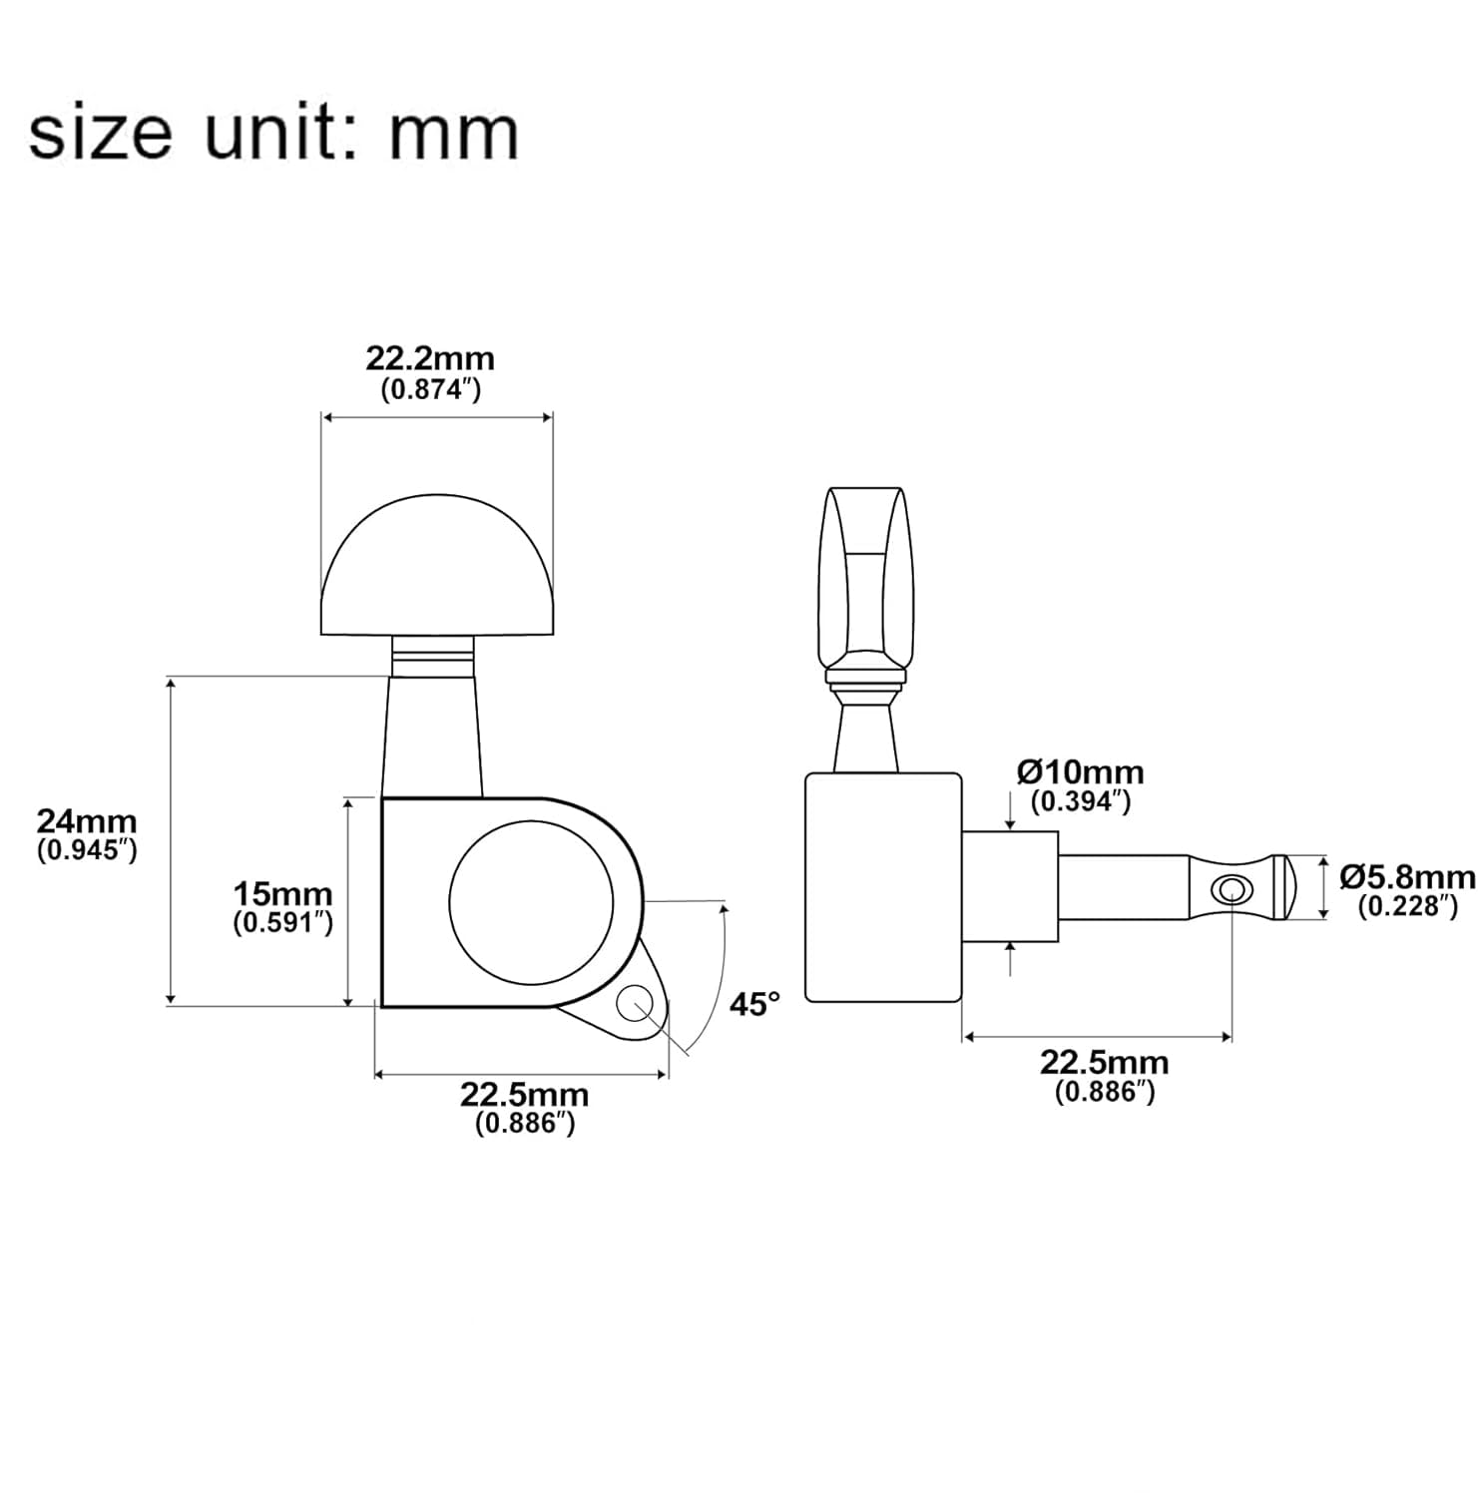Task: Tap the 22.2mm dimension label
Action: pyautogui.click(x=430, y=358)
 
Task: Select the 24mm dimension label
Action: pyautogui.click(x=87, y=821)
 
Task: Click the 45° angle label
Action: pyautogui.click(x=754, y=1003)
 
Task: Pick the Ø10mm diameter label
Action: pyautogui.click(x=1081, y=771)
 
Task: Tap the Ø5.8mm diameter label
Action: pyautogui.click(x=1407, y=877)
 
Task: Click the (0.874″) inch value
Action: pyautogui.click(x=431, y=390)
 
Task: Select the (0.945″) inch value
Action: pyautogui.click(x=87, y=851)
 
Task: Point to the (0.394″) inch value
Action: pyautogui.click(x=1081, y=801)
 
